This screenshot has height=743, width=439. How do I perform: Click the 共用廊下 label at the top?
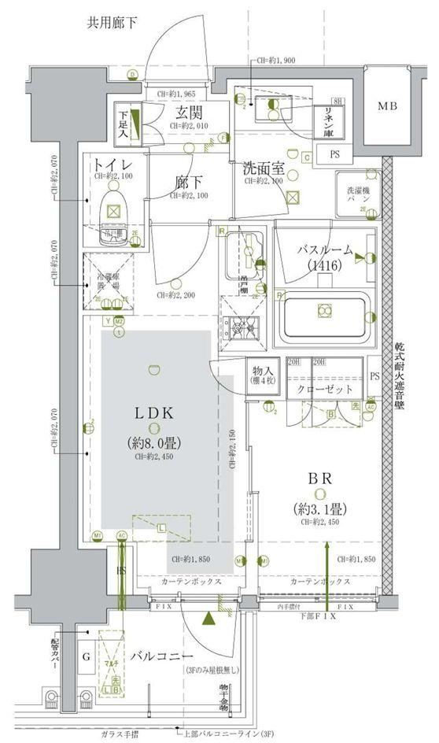pyautogui.click(x=113, y=23)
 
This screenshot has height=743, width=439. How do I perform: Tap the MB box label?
pyautogui.click(x=386, y=106)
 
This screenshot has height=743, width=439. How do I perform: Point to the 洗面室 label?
pyautogui.click(x=262, y=168)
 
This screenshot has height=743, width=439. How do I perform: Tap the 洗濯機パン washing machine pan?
pyautogui.click(x=356, y=195)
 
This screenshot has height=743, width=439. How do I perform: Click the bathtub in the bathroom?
pyautogui.click(x=324, y=315)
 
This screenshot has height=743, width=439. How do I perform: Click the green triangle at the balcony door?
pyautogui.click(x=208, y=619)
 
